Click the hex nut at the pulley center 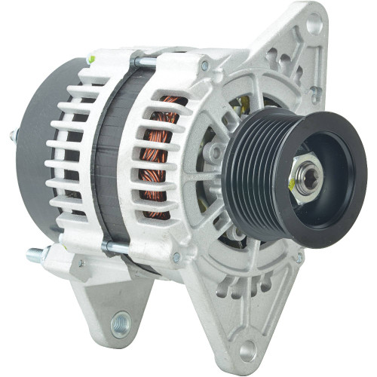pyautogui.click(x=308, y=176)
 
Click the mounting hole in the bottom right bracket pyautogui.click(x=248, y=348)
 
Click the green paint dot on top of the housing pyautogui.click(x=90, y=59)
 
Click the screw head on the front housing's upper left pyautogui.click(x=204, y=66)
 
